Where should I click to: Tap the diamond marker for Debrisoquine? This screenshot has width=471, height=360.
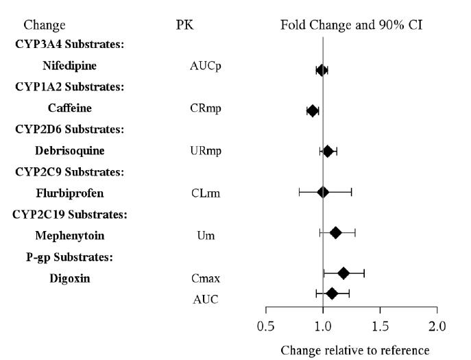pyautogui.click(x=328, y=151)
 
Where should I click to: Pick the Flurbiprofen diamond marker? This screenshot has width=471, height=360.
pyautogui.click(x=323, y=192)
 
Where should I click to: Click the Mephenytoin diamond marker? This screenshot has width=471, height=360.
pyautogui.click(x=335, y=232)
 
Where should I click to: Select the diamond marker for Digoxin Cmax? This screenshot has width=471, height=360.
pyautogui.click(x=343, y=274)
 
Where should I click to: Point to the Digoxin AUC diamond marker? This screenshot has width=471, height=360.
pyautogui.click(x=332, y=293)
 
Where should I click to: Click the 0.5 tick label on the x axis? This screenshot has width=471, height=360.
pyautogui.click(x=266, y=324)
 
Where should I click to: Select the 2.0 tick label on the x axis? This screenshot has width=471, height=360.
pyautogui.click(x=437, y=324)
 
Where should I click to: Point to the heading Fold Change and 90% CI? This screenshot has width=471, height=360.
pyautogui.click(x=352, y=25)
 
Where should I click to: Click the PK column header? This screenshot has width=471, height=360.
pyautogui.click(x=186, y=25)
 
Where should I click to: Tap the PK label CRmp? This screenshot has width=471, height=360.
pyautogui.click(x=206, y=108)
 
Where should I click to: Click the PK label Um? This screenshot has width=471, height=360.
pyautogui.click(x=206, y=236)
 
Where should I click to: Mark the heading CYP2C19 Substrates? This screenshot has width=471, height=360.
pyautogui.click(x=69, y=215)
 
